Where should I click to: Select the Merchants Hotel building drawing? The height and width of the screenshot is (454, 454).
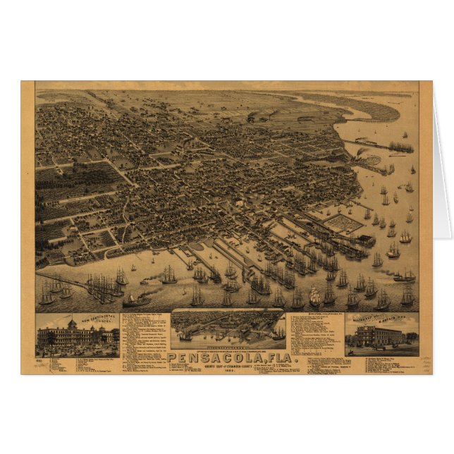click(x=381, y=335)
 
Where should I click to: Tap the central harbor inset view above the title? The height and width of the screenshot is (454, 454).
click(x=227, y=329)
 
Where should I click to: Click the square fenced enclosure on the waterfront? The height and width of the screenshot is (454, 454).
click(x=345, y=225)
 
